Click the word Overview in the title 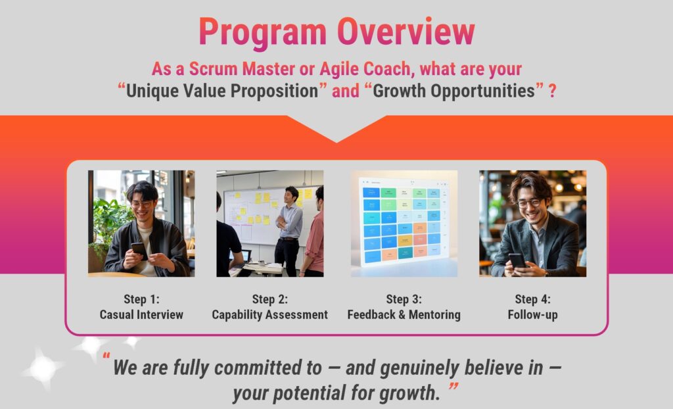pos(406,32)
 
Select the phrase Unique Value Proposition pos(222,91)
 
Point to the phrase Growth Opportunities pos(453,91)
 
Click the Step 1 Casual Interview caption pos(141,306)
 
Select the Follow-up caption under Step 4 pos(532,314)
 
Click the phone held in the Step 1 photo pos(139,250)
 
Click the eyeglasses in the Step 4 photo pos(529,203)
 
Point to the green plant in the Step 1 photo pos(107,224)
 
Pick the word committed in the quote pos(268,368)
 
